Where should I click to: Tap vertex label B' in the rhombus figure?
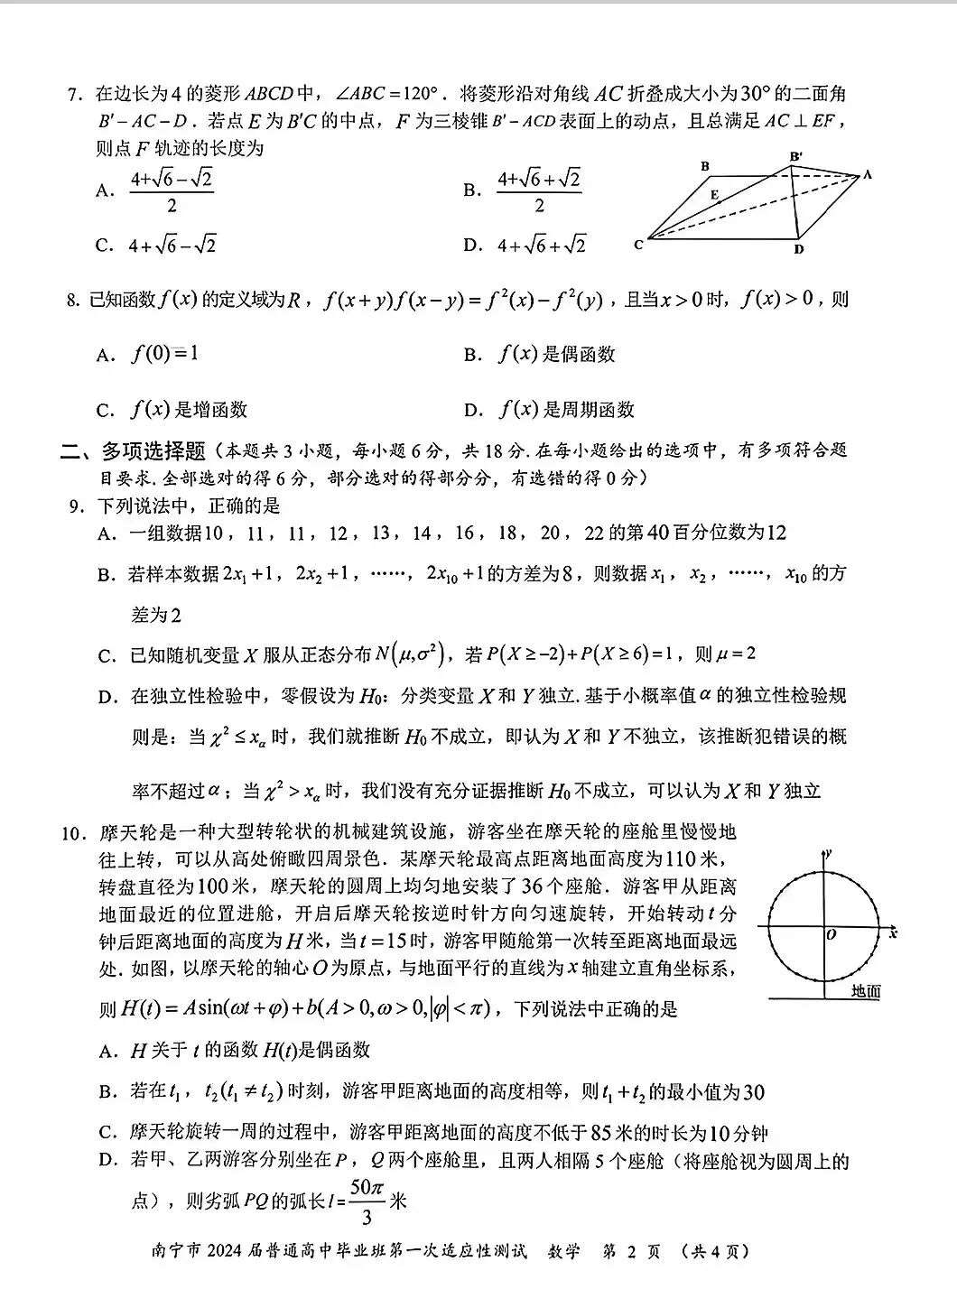[795, 157]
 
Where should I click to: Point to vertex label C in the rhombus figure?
[639, 244]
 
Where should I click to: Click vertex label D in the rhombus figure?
[799, 249]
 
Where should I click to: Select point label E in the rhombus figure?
[714, 195]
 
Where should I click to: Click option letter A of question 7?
[105, 190]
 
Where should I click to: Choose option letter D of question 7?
[471, 245]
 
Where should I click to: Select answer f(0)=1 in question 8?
[165, 354]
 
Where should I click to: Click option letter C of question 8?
[105, 411]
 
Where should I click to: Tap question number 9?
[76, 506]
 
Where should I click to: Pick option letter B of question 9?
[107, 575]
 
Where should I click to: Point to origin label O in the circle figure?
[831, 935]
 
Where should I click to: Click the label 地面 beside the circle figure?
[866, 991]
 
